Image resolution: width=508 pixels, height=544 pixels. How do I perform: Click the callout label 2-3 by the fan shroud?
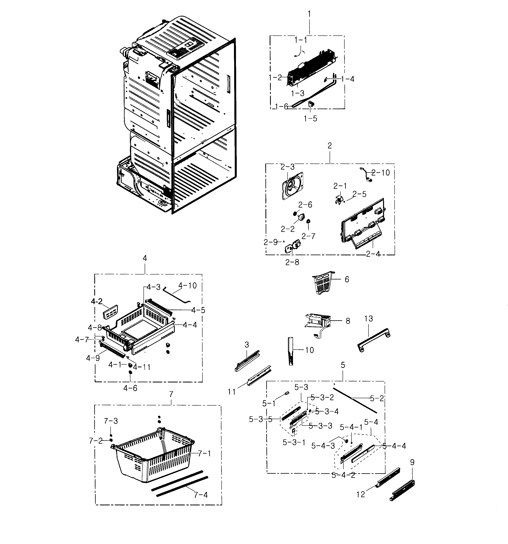[x=287, y=167]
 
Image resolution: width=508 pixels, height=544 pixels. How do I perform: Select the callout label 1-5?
[x=310, y=119]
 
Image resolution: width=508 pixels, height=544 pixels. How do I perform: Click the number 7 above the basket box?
[x=171, y=394]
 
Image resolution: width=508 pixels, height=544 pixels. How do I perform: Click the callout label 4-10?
[x=188, y=285]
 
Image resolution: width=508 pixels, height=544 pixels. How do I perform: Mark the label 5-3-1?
[x=294, y=442]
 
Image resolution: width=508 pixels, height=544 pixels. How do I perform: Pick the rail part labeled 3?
[x=247, y=361]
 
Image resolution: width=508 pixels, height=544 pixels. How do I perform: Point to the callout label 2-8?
[x=292, y=262]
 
